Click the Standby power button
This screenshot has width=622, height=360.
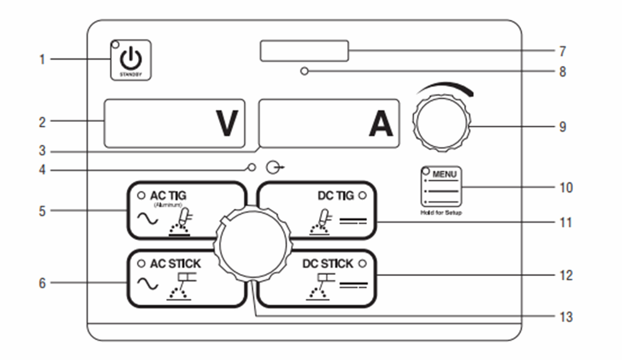coord(131,60)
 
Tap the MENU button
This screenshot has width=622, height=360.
coord(441,187)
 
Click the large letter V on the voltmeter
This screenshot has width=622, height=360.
coord(227,123)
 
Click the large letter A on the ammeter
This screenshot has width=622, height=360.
coord(381,123)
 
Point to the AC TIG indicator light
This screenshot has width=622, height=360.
coord(141,195)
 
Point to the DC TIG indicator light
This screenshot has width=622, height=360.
coord(362,195)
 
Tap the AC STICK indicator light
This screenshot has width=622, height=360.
coord(141,264)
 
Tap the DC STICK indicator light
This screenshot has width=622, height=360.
coord(362,264)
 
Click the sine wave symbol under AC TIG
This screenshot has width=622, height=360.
coord(147,218)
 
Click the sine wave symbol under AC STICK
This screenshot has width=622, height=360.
coord(147,284)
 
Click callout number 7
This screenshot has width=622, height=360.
coord(562,51)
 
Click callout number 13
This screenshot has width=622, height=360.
coord(566,316)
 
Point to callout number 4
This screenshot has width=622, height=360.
coord(42,170)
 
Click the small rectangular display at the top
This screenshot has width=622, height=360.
coord(304,51)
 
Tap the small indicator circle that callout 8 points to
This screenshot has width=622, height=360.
coord(304,72)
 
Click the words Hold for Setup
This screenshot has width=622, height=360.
coord(441,213)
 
